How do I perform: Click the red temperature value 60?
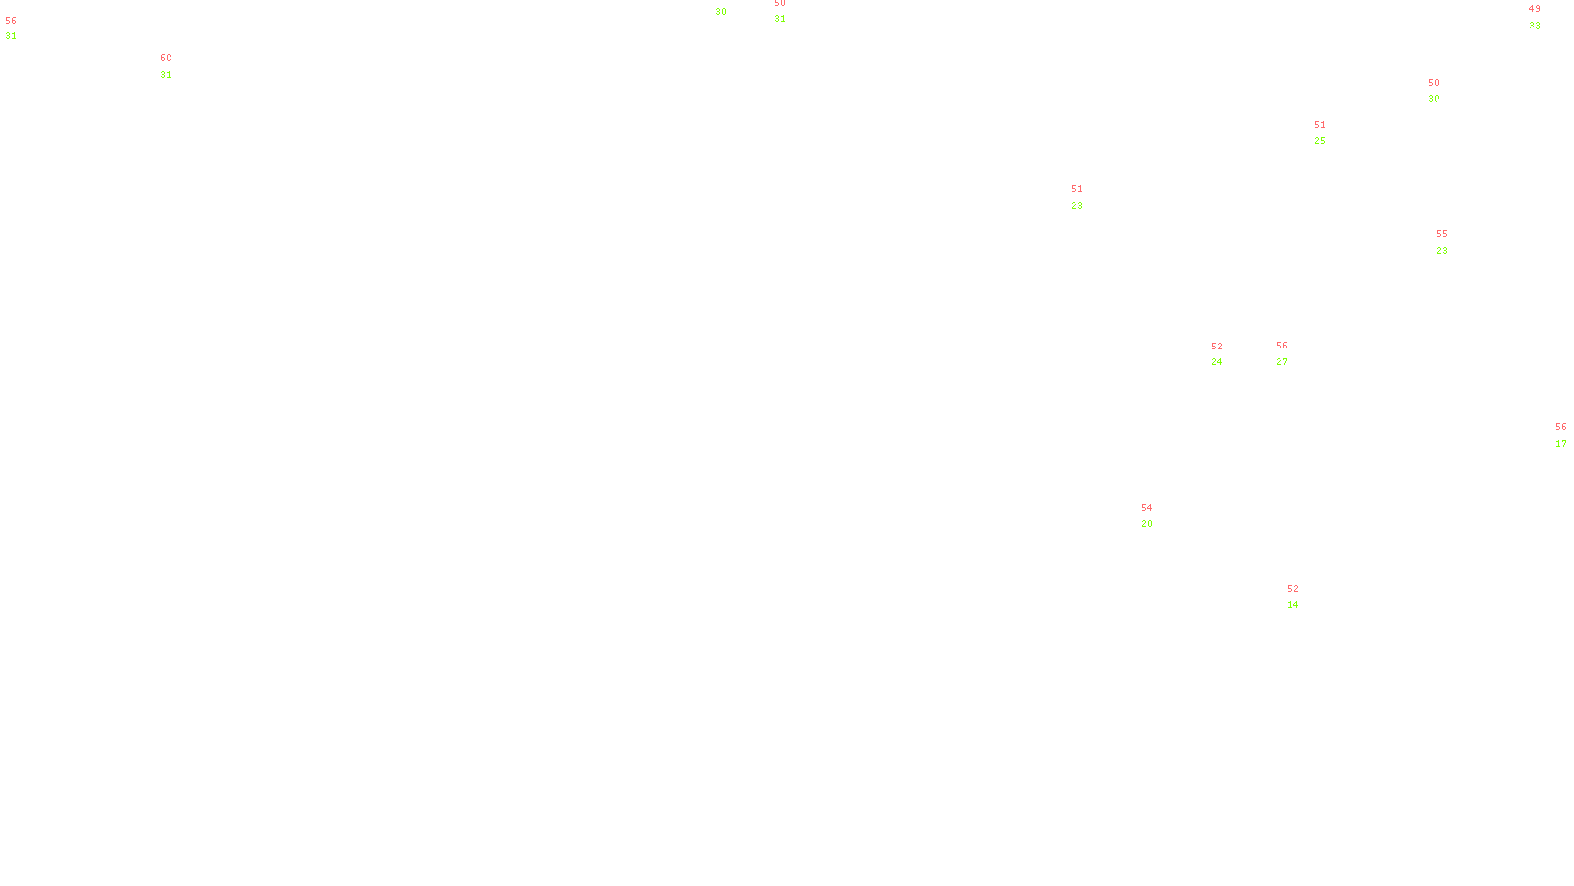[166, 58]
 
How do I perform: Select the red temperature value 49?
[1534, 9]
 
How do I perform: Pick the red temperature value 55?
[1442, 234]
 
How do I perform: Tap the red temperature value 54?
[1146, 508]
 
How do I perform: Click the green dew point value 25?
[1320, 141]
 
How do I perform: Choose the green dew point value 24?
[1217, 362]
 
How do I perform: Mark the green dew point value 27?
[1282, 361]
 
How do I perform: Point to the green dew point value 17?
[1561, 444]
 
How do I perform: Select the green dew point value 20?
[1147, 524]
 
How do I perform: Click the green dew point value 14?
[1293, 605]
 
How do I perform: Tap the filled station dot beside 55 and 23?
[1452, 242]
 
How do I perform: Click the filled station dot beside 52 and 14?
[1302, 597]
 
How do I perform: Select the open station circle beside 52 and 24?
[1226, 354]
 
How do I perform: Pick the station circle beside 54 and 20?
[1157, 516]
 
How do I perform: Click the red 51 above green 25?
[1320, 125]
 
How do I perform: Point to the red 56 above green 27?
[1282, 346]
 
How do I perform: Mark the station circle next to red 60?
[176, 66]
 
